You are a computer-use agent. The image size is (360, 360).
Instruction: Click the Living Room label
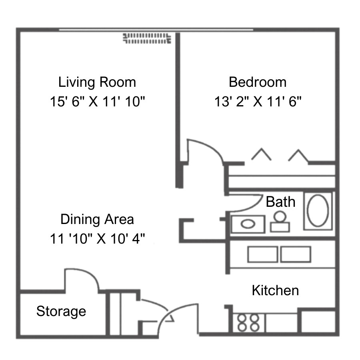[97, 82]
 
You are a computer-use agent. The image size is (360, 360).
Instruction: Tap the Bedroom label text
[258, 82]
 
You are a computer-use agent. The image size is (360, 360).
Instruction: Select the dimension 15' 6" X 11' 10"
[98, 101]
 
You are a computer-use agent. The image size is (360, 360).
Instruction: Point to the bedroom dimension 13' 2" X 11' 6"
[258, 101]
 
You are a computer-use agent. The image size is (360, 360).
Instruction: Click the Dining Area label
[97, 219]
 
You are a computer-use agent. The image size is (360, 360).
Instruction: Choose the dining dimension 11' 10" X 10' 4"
[98, 238]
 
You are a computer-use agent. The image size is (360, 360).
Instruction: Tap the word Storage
[61, 312]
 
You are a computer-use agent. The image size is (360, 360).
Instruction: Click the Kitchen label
[275, 290]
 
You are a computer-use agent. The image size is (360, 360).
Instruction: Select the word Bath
[280, 202]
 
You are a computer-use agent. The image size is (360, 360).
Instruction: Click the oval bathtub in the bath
[318, 210]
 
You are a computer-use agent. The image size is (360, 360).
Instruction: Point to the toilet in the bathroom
[280, 222]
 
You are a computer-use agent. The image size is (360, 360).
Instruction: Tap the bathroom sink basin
[248, 224]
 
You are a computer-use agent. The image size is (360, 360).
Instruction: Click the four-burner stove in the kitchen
[248, 322]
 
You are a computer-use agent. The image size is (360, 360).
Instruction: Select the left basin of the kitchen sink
[262, 254]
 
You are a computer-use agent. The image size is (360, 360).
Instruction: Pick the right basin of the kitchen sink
[296, 254]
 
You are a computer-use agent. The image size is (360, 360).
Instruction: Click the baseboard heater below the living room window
[147, 38]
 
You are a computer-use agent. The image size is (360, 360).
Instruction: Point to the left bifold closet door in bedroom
[261, 154]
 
